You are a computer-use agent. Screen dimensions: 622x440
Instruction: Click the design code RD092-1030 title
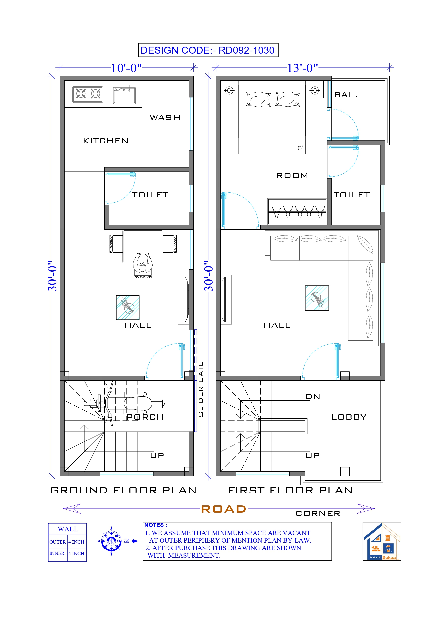[208, 50]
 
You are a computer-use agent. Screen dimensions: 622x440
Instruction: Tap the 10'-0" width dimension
[126, 68]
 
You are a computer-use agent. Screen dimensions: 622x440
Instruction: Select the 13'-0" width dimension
[302, 68]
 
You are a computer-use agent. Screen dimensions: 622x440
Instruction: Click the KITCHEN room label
[106, 141]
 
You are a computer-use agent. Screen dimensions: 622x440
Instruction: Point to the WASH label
[165, 118]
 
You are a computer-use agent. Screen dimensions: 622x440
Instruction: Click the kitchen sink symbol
[124, 95]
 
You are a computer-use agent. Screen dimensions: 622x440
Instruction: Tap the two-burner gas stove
[88, 94]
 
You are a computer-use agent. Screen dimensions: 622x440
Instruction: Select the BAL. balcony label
[346, 95]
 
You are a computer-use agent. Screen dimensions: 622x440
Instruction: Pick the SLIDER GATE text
[201, 389]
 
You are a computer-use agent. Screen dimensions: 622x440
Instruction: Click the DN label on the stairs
[313, 397]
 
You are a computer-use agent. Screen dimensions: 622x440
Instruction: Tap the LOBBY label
[349, 417]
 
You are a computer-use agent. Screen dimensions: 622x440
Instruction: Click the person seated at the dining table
[143, 264]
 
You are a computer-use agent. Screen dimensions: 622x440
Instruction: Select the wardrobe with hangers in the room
[297, 212]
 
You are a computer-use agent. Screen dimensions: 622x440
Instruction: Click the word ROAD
[224, 509]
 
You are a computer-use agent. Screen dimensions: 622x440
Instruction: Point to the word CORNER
[318, 514]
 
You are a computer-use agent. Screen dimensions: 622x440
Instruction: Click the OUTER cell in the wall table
[57, 542]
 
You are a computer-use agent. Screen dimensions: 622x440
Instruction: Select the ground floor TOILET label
[150, 195]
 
